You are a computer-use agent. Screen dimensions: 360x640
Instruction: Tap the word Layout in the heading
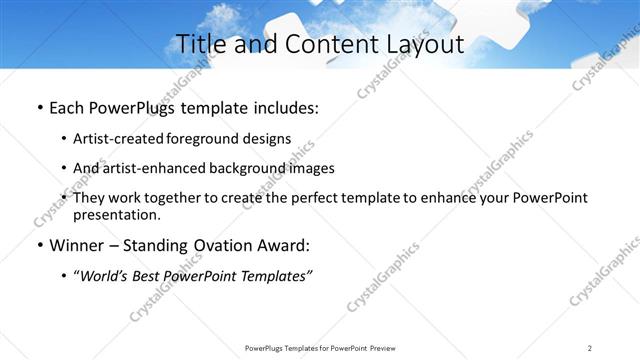[x=421, y=45]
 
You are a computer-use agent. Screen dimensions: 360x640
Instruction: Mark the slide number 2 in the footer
[x=590, y=348]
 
